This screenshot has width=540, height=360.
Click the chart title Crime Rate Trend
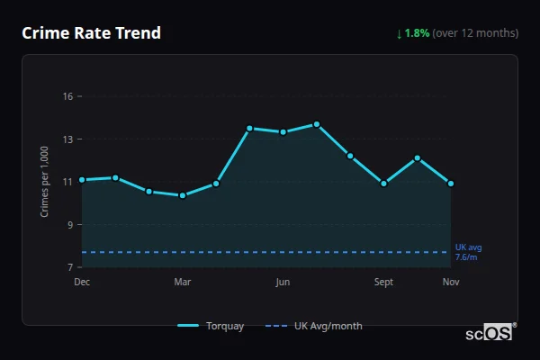[91, 33]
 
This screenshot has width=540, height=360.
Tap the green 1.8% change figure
[417, 33]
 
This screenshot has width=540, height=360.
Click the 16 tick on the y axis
[67, 96]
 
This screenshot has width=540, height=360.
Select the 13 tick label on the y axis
[67, 139]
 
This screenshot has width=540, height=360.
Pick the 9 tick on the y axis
[69, 225]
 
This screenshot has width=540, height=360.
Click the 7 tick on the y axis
[69, 267]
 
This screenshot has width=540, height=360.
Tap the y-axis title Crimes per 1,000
[45, 182]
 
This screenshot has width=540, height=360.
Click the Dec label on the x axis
[82, 283]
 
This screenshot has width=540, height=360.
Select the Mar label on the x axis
[183, 283]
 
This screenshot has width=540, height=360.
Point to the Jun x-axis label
[283, 283]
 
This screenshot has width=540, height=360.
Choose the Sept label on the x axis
[384, 283]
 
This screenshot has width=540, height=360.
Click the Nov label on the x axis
[451, 283]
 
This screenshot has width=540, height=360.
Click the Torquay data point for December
[82, 180]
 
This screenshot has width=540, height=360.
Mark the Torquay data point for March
[183, 195]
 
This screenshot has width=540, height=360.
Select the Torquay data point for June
[283, 132]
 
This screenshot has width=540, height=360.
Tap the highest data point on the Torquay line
[317, 124]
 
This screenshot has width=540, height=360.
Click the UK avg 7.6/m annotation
[468, 252]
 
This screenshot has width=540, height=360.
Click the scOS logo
[490, 333]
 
